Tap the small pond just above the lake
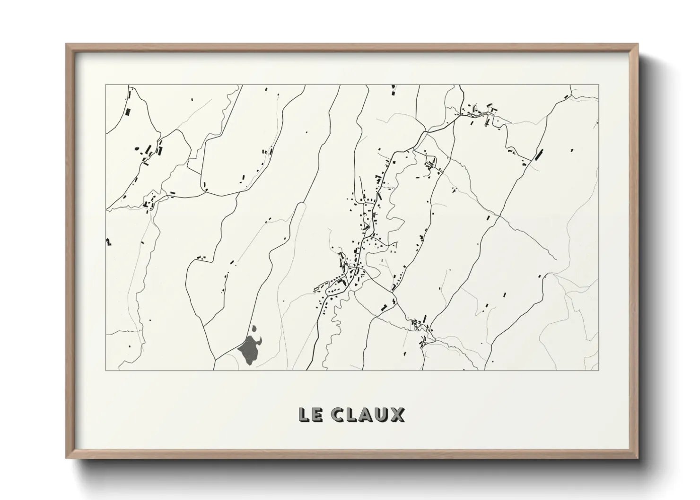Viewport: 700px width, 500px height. pyautogui.click(x=254, y=328)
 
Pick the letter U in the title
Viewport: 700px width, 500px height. pyautogui.click(x=381, y=415)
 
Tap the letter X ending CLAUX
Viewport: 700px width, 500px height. pyautogui.click(x=397, y=415)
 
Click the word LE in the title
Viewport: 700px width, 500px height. pyautogui.click(x=310, y=415)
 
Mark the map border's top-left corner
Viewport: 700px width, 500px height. pyautogui.click(x=105, y=85)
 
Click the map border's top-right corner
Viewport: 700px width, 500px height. pyautogui.click(x=599, y=85)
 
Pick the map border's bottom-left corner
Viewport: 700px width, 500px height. pyautogui.click(x=105, y=370)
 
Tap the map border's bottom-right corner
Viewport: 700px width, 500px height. pyautogui.click(x=599, y=370)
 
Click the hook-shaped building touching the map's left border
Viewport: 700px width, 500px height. pyautogui.click(x=108, y=242)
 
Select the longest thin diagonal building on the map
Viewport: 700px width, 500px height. pyautogui.click(x=539, y=154)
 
